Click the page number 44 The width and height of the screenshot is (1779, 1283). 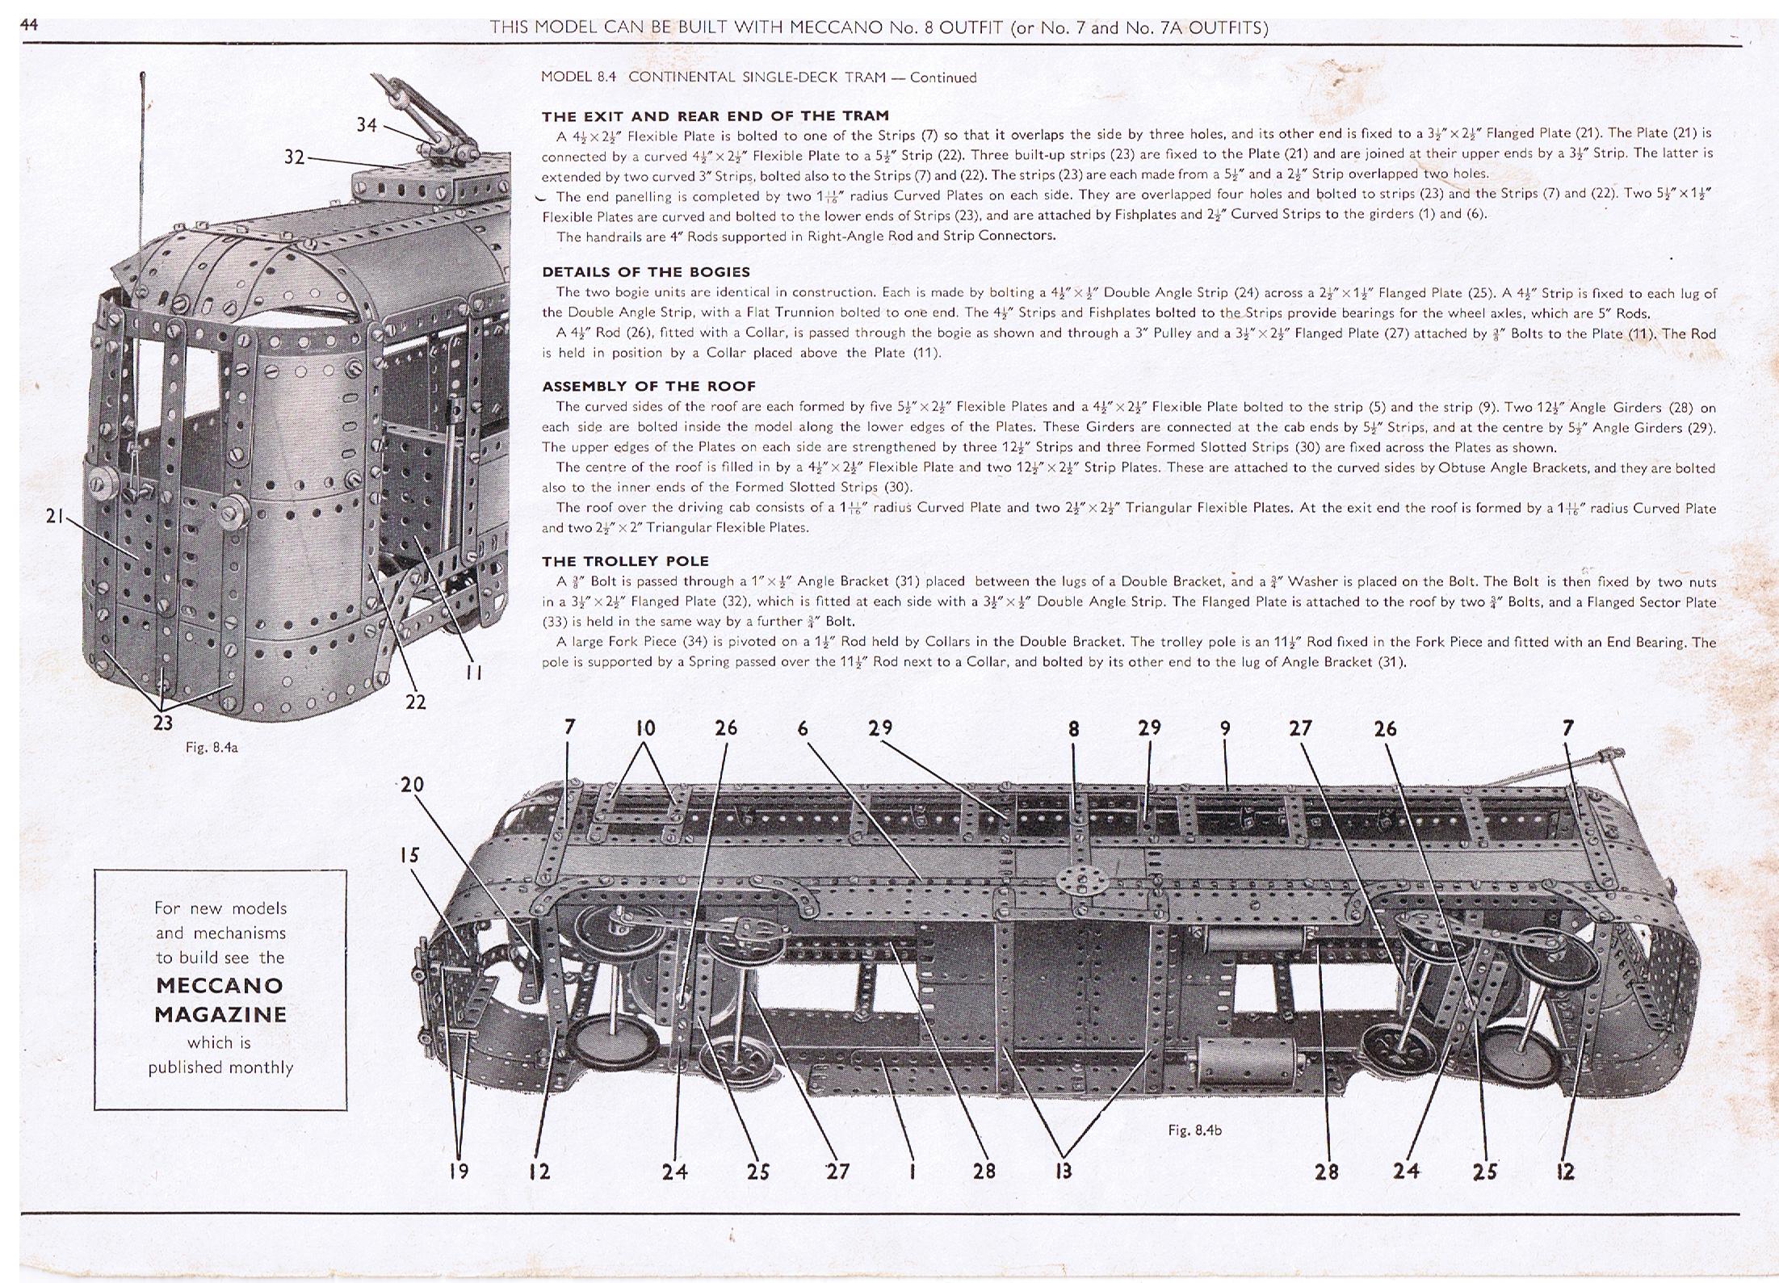(30, 25)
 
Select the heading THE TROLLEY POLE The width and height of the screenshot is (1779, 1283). (625, 561)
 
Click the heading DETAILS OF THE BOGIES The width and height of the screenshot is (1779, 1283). (646, 272)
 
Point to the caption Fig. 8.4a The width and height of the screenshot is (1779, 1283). (212, 748)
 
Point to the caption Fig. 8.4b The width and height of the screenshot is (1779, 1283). (1194, 1130)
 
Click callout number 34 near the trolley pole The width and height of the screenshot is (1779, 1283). (367, 125)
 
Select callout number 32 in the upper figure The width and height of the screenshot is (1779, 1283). (294, 157)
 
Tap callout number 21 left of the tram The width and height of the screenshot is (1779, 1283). (55, 515)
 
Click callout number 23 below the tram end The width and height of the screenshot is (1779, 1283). (163, 723)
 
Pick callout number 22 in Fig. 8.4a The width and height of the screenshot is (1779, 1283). (415, 702)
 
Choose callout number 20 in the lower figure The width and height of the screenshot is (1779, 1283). (412, 785)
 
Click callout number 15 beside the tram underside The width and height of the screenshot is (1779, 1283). (409, 855)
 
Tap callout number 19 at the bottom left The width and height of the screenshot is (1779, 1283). (459, 1172)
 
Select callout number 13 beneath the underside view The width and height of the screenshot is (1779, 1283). (1064, 1172)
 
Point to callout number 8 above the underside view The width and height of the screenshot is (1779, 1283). (1073, 729)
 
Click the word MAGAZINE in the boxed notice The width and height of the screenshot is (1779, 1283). (220, 1014)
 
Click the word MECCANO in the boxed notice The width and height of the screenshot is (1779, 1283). (220, 985)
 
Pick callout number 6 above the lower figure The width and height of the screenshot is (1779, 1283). (803, 729)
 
